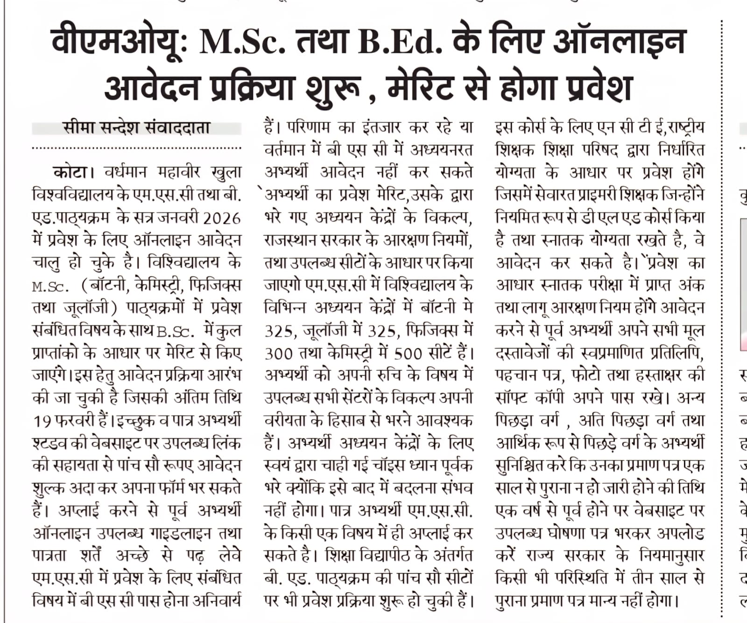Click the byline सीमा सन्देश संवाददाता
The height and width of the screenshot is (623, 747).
(136, 127)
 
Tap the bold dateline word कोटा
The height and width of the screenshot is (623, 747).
(70, 173)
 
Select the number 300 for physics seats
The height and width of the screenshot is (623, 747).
(279, 353)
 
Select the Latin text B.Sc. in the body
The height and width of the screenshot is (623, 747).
(175, 331)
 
